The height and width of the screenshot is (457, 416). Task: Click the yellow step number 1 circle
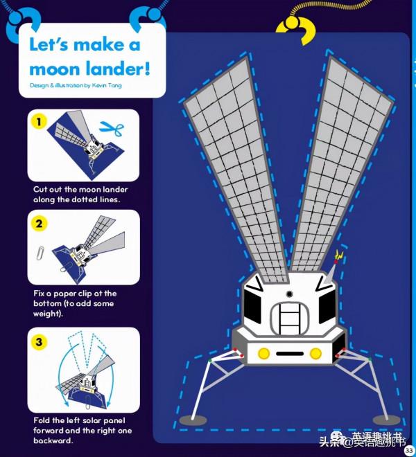[x=39, y=121]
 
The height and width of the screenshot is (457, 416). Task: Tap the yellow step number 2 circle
[x=39, y=224]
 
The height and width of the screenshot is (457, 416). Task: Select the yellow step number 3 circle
[x=39, y=341]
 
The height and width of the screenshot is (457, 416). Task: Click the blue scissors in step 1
[x=112, y=129]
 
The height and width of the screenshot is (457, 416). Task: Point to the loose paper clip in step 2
[x=40, y=253]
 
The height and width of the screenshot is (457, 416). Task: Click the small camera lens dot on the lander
[x=289, y=294]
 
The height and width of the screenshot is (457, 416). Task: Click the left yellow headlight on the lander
[x=263, y=354]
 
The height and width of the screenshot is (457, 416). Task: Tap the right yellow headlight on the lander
[x=315, y=354]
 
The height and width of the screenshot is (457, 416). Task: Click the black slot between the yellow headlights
[x=290, y=354]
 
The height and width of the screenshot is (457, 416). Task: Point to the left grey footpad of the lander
[x=193, y=420]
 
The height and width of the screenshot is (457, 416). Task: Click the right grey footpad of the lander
[x=386, y=420]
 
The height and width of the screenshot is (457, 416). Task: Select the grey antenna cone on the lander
[x=331, y=273]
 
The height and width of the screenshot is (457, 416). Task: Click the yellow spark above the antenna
[x=339, y=255]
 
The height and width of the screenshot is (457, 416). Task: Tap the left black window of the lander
[x=252, y=307]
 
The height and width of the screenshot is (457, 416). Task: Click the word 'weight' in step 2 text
[x=46, y=314]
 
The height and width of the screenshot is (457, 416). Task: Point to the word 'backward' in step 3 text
[x=52, y=440]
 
